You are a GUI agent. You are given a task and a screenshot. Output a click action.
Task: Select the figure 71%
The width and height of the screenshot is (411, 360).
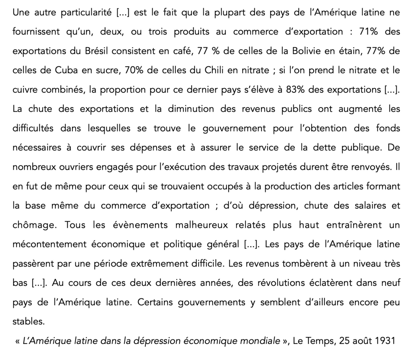click(x=369, y=32)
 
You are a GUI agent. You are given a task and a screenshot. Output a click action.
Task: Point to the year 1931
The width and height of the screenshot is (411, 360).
click(x=385, y=341)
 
